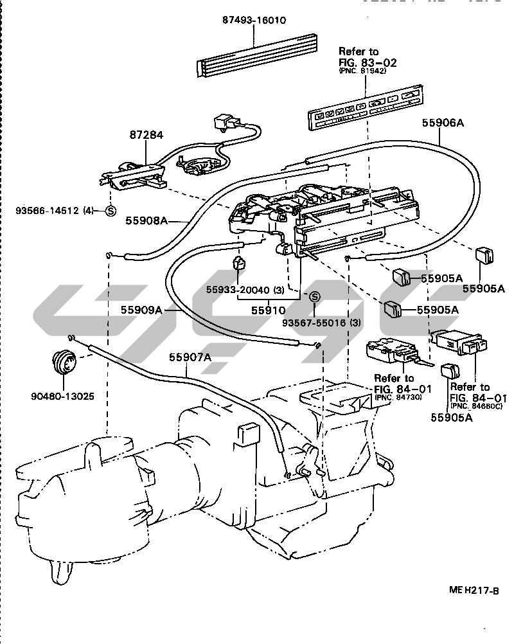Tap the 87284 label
(x=147, y=136)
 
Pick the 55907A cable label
(x=190, y=357)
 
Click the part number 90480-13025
(x=62, y=396)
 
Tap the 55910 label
(x=264, y=309)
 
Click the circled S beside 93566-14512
(x=111, y=210)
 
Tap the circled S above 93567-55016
(x=314, y=296)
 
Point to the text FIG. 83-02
(x=368, y=62)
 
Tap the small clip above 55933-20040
(x=240, y=263)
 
